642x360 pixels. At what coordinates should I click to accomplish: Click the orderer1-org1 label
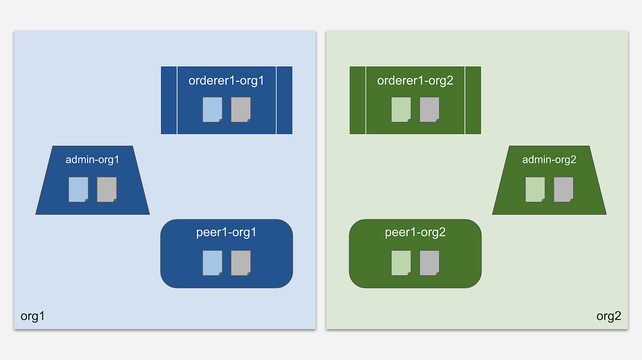226,81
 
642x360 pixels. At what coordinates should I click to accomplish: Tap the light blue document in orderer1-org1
213,110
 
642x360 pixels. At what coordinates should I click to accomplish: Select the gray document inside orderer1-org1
241,110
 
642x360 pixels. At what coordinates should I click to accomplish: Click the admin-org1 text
92,160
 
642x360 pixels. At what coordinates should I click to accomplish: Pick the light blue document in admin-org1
78,189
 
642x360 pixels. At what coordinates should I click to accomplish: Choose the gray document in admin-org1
107,189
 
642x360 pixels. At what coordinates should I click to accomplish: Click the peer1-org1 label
226,233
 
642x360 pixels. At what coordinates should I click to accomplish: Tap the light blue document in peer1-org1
213,263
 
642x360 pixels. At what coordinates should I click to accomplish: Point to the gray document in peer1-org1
241,263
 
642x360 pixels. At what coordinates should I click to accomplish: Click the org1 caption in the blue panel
33,316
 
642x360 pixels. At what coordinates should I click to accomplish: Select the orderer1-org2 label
415,81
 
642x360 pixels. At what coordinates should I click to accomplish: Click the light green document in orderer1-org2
401,110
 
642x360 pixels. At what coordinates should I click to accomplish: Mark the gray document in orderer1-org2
430,110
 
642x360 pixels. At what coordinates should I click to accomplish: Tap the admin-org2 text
549,160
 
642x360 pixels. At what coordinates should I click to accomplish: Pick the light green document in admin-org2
535,189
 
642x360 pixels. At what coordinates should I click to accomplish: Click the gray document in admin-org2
564,189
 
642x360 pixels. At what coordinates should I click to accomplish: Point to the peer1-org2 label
415,233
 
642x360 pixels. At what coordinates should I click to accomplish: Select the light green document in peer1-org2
401,263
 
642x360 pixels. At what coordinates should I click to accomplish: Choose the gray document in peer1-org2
430,263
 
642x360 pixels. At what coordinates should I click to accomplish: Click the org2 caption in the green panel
609,316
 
